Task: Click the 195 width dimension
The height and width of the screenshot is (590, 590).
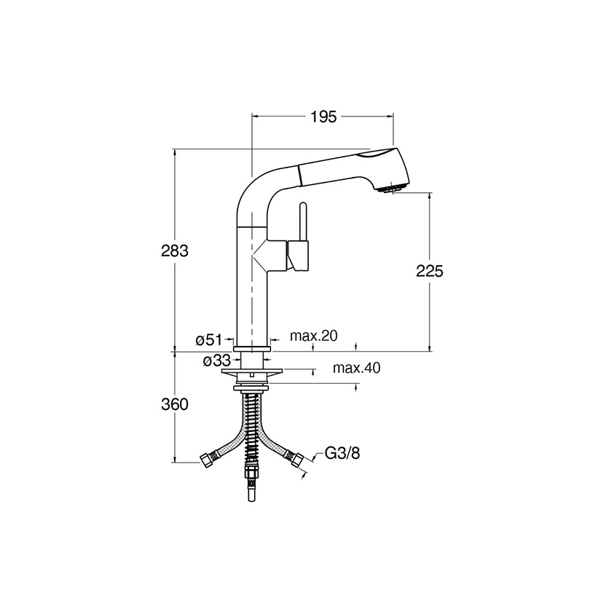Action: tap(323, 117)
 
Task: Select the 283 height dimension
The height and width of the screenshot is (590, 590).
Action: tap(175, 251)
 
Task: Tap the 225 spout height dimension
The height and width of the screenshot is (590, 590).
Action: tap(430, 271)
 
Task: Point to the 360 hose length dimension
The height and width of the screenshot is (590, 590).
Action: tap(175, 404)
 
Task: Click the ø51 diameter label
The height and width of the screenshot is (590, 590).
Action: tap(209, 340)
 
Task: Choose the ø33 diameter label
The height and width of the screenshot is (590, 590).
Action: tap(216, 361)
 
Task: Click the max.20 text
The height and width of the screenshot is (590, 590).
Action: tap(314, 336)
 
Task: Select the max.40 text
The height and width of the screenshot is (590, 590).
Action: tap(356, 368)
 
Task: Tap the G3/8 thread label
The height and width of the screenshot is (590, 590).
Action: tap(342, 453)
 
